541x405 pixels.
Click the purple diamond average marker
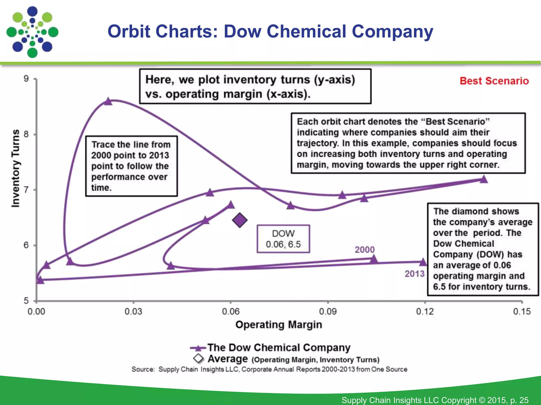[240, 220]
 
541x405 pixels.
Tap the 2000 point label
[365, 249]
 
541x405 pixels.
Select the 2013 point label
[414, 274]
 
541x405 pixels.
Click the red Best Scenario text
[494, 81]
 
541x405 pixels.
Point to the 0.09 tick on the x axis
[328, 311]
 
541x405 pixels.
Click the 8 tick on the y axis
[26, 134]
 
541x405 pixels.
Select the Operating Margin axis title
[279, 325]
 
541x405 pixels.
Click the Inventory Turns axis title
[16, 168]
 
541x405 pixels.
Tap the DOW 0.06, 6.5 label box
[283, 239]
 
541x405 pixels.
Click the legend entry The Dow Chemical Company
[279, 348]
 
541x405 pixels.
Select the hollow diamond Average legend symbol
[198, 359]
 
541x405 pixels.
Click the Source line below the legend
[269, 369]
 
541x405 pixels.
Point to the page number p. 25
[519, 400]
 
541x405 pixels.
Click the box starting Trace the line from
[131, 166]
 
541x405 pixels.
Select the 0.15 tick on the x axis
[522, 311]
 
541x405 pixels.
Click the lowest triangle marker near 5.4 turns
[40, 280]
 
